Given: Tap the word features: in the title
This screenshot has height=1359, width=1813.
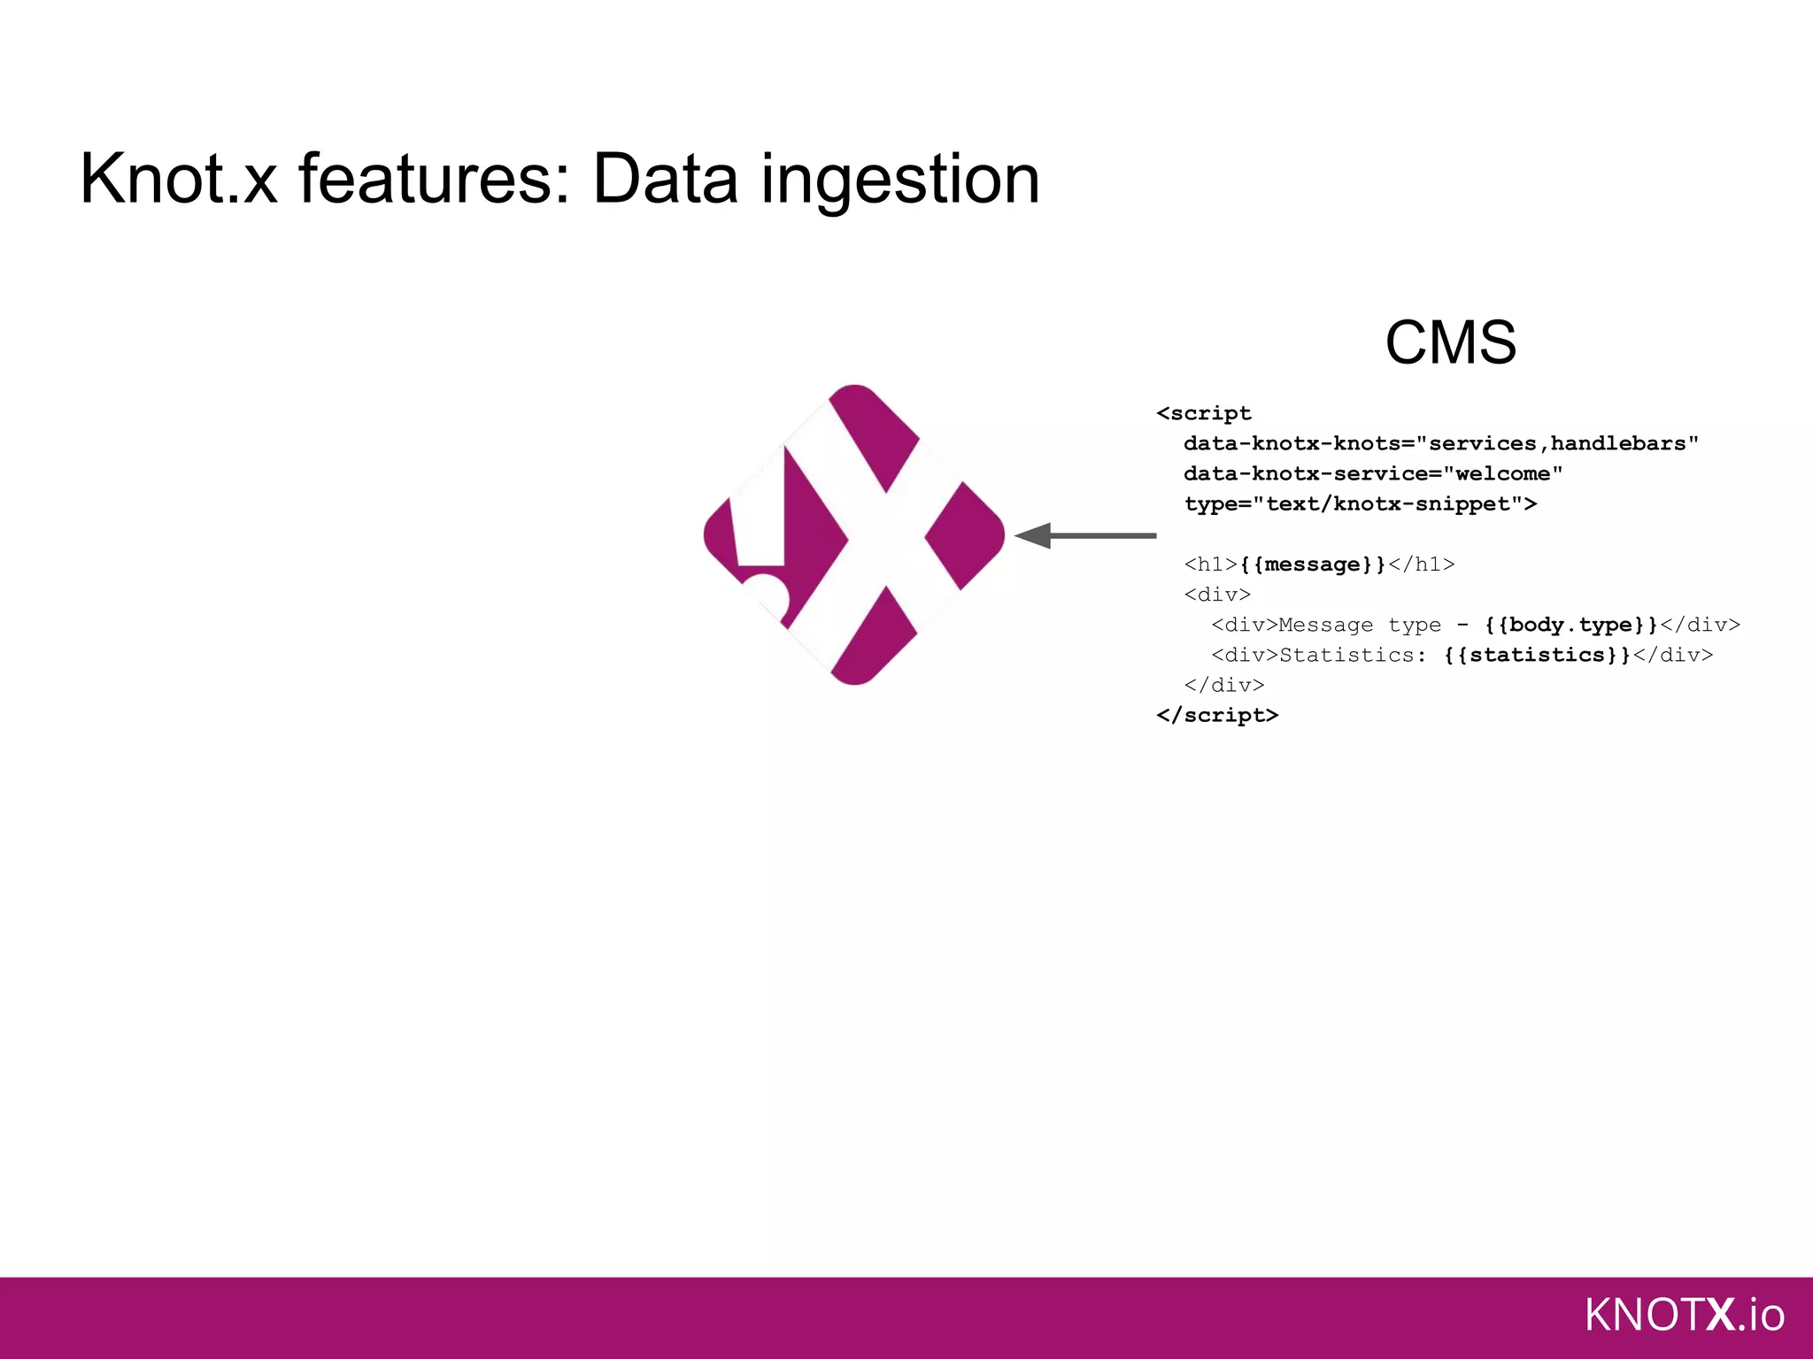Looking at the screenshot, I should [434, 180].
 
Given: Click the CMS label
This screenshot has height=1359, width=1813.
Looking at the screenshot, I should [1450, 342].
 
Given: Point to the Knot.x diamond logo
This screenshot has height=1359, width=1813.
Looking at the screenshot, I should [853, 534].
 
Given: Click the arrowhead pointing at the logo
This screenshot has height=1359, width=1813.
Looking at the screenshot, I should [1033, 535].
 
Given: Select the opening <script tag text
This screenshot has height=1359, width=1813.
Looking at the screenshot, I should [1204, 413].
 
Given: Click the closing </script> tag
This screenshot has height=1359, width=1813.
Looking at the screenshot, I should [1217, 715].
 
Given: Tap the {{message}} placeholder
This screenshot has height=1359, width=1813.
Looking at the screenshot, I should [1313, 564].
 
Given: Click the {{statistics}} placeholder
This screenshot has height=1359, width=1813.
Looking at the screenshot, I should [1537, 655].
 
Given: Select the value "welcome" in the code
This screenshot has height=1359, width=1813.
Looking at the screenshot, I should [1502, 473].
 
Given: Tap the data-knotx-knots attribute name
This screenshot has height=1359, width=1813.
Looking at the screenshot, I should [1292, 443].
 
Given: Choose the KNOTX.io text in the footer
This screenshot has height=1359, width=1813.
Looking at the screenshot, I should [1683, 1315].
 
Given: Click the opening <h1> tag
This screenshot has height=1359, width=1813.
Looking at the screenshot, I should [1210, 564].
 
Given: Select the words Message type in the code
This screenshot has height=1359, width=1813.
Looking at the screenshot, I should [1360, 625].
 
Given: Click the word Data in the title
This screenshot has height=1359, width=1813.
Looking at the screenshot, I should [665, 180].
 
